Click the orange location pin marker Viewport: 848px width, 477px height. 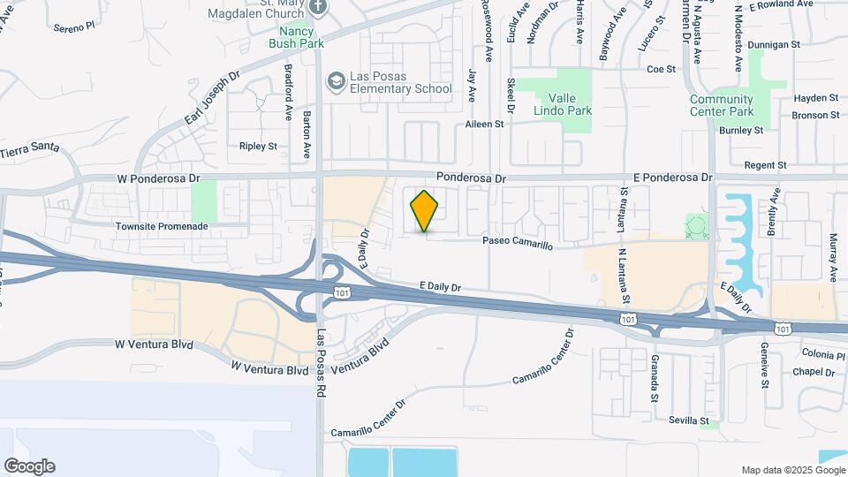tap(425, 211)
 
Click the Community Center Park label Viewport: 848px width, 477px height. tap(722, 105)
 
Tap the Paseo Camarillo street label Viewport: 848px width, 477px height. tap(517, 243)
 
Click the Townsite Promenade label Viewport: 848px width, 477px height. tap(162, 226)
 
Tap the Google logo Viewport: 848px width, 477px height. tap(29, 466)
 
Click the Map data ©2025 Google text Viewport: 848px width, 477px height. tap(791, 470)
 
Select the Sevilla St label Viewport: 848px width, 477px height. tap(689, 420)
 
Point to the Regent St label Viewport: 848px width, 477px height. tap(765, 165)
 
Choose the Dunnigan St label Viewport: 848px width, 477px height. tap(778, 43)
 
